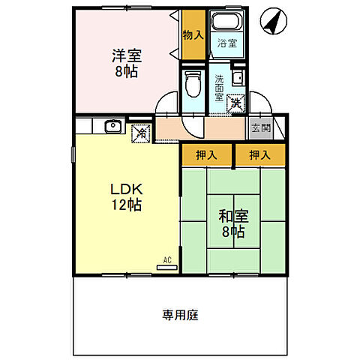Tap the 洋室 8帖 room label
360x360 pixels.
[127, 63]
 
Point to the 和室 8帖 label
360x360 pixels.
[234, 223]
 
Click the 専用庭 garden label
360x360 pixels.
[180, 315]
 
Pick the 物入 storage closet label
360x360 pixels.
[193, 34]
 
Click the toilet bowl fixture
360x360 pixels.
[193, 85]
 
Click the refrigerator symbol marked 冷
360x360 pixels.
[141, 133]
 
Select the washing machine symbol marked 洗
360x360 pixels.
[236, 103]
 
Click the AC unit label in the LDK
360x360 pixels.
[167, 262]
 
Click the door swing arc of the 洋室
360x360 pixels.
[166, 103]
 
